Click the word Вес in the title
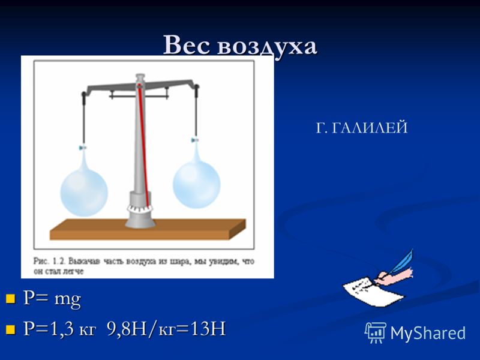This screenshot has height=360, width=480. click(187, 45)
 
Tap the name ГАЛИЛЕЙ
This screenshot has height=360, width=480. click(370, 127)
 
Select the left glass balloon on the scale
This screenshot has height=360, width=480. click(84, 186)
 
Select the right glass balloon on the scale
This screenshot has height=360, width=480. click(196, 180)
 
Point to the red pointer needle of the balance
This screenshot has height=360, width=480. click(143, 145)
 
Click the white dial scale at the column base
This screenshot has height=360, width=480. click(140, 209)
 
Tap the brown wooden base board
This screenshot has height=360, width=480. click(148, 229)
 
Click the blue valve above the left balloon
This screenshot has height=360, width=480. click(83, 148)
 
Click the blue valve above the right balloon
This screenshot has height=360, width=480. click(194, 140)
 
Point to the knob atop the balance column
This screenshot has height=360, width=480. click(140, 77)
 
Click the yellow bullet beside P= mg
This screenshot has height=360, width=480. click(10, 298)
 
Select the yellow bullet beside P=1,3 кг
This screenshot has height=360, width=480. click(10, 329)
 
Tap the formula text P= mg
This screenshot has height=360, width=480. click(52, 298)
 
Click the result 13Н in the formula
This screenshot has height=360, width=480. click(208, 329)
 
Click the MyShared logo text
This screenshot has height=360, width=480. click(428, 333)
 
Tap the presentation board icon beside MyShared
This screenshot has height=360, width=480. click(376, 332)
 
